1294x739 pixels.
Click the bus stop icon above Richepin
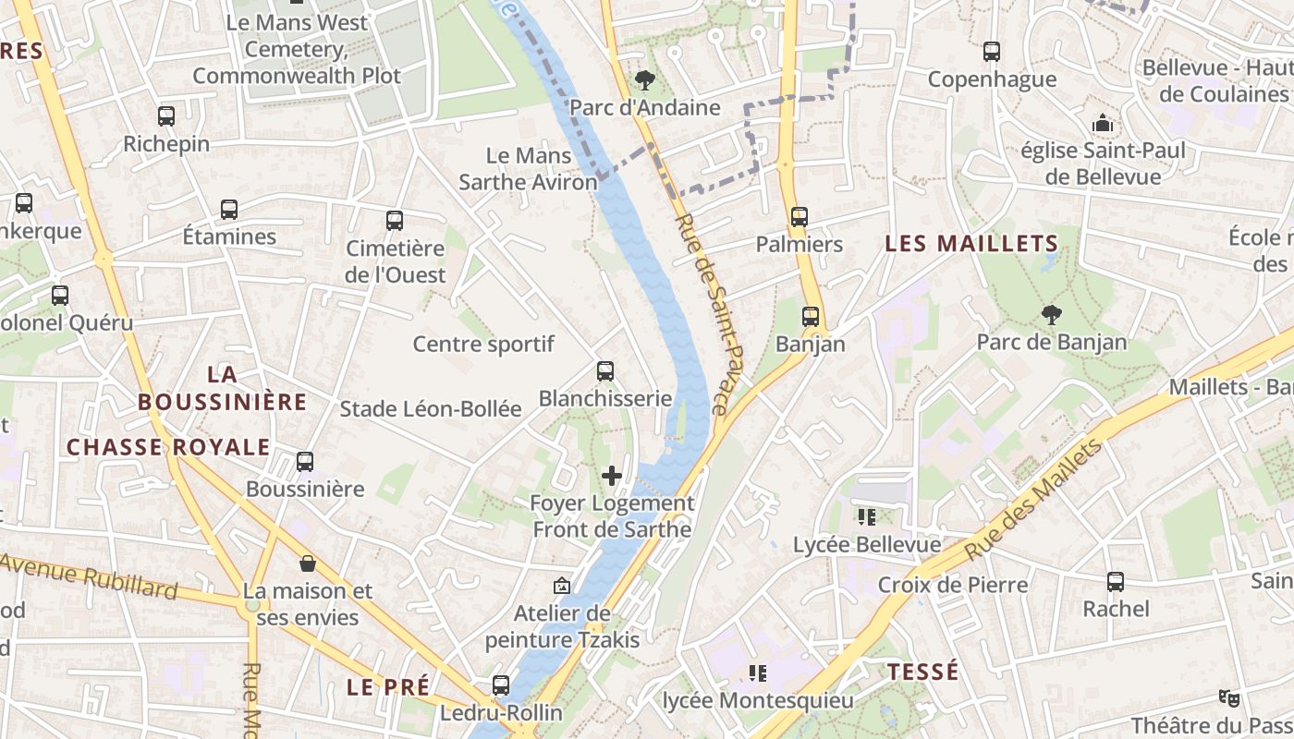pos(166,116)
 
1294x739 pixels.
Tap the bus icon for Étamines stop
pos(229,210)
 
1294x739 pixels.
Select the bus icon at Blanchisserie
pos(605,371)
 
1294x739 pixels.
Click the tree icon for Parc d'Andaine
pos(645,80)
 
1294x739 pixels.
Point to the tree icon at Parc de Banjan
pos(1051,315)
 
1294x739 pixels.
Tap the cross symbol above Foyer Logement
pos(612,476)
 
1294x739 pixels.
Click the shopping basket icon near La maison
pos(308,563)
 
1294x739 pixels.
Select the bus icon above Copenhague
pos(992,52)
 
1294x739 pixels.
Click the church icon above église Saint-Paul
pos(1103,123)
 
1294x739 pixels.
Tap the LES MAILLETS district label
pos(971,244)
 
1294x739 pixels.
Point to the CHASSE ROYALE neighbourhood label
pos(168,448)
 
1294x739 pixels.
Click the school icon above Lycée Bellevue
pos(866,517)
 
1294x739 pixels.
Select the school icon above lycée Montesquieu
pos(758,673)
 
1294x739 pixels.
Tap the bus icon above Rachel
pos(1116,582)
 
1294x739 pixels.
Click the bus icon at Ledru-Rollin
pos(501,685)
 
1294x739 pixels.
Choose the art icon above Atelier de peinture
pos(561,586)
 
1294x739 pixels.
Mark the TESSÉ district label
pos(923,672)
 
